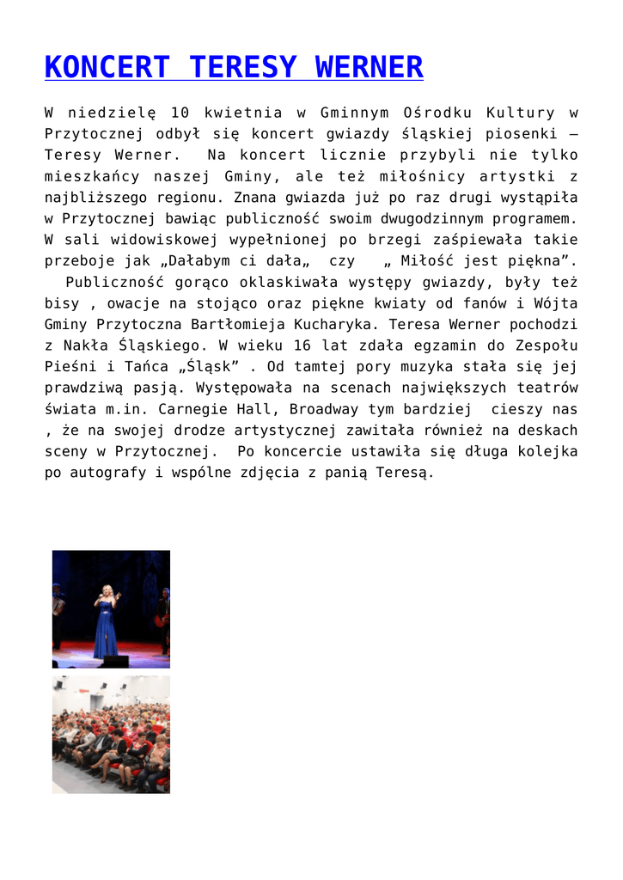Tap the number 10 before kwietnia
[180, 113]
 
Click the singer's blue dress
[107, 632]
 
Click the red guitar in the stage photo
[162, 616]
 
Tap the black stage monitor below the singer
[113, 660]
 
